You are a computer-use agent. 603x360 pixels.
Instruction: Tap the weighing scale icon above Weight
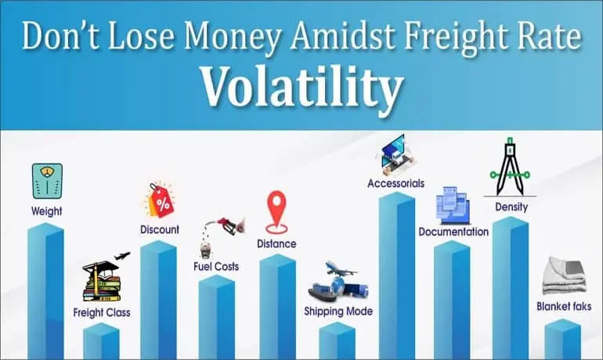pos(47,181)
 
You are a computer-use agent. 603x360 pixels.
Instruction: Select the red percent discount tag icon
pos(160,200)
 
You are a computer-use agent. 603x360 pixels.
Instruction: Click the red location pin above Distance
pos(277,212)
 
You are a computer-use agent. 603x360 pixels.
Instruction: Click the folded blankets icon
pos(564,275)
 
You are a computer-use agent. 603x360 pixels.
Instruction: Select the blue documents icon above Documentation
pos(453,205)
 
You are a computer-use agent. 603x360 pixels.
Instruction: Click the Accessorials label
pos(395,184)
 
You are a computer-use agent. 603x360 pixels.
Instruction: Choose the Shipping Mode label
pos(338,311)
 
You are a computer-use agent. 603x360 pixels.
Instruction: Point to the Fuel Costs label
pos(216,267)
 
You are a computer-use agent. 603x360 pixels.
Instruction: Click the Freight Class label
pos(102,313)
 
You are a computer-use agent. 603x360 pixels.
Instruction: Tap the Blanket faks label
pos(564,307)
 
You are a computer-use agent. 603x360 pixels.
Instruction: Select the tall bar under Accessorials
pos(397,275)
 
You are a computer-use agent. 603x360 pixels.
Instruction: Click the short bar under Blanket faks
pos(562,340)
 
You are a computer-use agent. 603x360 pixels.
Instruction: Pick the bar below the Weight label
pos(45,291)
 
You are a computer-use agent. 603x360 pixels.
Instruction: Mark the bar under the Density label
pos(511,288)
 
